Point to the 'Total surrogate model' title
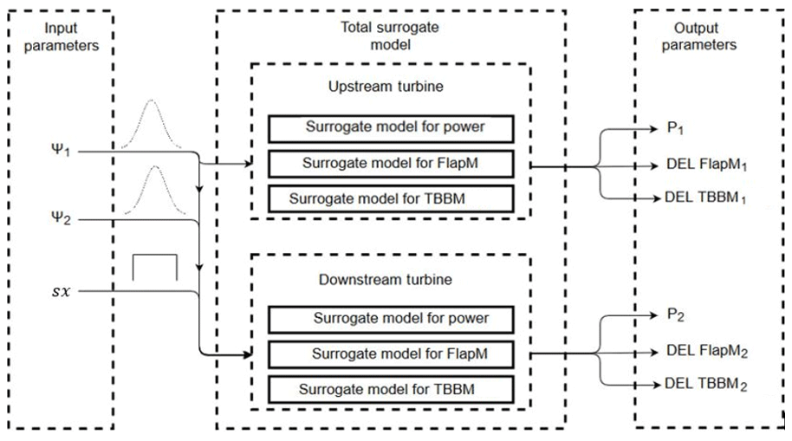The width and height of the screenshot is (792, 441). pos(391,36)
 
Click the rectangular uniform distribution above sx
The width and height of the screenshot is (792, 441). pos(154,268)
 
